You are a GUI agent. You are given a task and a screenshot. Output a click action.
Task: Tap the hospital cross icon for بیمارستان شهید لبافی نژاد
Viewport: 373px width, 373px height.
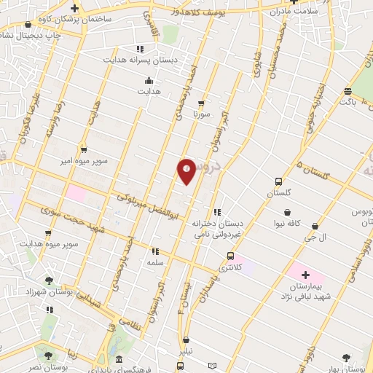point(305,275)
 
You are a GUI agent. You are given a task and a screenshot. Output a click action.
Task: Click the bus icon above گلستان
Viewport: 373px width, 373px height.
point(278,181)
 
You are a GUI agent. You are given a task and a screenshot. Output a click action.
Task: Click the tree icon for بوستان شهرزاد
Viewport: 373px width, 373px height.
point(49,280)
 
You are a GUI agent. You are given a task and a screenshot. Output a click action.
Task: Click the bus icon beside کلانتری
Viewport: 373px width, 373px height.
point(230,256)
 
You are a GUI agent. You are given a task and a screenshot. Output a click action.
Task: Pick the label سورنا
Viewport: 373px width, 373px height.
point(201,114)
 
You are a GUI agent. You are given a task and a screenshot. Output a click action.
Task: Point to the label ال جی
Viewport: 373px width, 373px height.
point(314,238)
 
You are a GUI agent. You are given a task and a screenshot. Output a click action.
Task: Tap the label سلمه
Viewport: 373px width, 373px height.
point(154,262)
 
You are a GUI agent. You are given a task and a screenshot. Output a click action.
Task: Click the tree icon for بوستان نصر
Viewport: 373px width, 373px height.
point(49,356)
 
